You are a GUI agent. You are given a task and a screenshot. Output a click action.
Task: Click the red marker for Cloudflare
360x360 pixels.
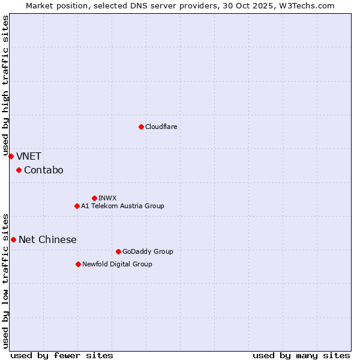[x=141, y=127]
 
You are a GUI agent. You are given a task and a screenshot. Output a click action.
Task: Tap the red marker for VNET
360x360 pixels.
[x=11, y=156]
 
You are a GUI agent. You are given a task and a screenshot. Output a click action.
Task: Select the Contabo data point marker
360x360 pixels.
[x=19, y=170]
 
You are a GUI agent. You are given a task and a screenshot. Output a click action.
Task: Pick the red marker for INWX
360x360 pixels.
[x=94, y=198]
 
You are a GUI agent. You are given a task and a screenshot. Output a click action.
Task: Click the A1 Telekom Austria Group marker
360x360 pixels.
[x=77, y=206]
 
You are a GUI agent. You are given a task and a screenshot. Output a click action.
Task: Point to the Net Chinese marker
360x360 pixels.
[x=13, y=239]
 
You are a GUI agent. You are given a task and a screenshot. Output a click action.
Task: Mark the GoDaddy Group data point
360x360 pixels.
[x=118, y=251]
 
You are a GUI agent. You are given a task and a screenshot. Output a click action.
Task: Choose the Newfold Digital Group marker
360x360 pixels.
[x=78, y=264]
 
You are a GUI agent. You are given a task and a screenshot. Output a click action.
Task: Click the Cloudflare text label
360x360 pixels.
[x=161, y=127]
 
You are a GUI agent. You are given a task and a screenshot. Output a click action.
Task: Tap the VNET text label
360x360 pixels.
[x=29, y=156]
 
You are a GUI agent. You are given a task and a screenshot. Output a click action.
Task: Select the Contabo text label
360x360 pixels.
[x=43, y=170]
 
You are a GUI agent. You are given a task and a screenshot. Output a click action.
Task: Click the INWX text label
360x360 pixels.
[x=107, y=198]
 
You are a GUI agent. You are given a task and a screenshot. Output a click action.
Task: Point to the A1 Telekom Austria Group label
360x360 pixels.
[x=122, y=206]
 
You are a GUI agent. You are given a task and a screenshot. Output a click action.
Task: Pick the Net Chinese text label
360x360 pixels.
[x=47, y=239]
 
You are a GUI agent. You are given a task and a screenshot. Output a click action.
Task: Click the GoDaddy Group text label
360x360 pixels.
[x=147, y=251]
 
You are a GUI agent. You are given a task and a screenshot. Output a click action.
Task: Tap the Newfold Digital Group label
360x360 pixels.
[x=117, y=264]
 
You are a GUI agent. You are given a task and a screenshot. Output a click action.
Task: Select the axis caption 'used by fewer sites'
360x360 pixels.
[x=62, y=355]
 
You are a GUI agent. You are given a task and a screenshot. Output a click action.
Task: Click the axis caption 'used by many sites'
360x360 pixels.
[x=301, y=355]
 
